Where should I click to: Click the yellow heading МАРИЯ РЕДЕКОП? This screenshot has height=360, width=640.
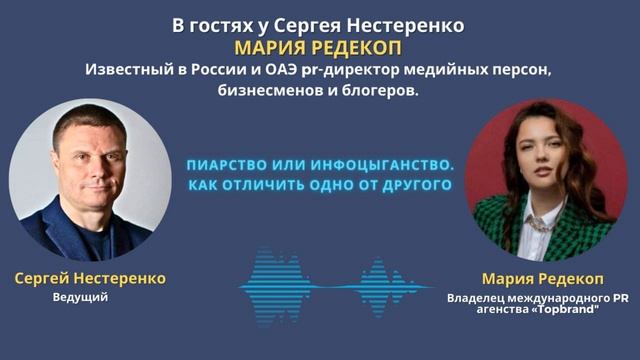(319, 49)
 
